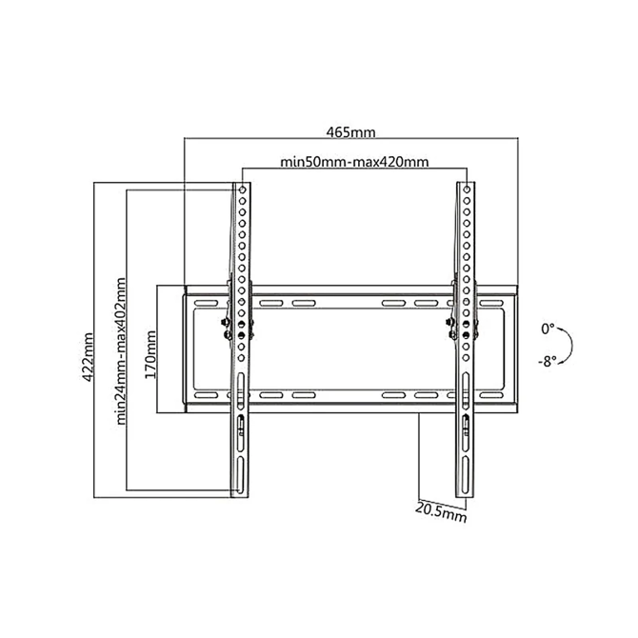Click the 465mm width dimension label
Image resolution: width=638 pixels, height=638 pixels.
click(x=350, y=132)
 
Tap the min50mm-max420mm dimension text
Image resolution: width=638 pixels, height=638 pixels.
click(x=354, y=162)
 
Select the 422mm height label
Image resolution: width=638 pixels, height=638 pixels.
click(x=88, y=357)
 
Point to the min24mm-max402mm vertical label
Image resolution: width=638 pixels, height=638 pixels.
click(x=121, y=351)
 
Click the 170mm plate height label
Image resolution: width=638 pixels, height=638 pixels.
click(x=150, y=354)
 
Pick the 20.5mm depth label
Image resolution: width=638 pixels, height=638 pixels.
click(x=441, y=512)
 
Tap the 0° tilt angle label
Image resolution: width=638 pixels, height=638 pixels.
click(x=548, y=329)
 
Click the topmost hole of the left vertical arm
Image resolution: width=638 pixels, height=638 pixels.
click(x=242, y=189)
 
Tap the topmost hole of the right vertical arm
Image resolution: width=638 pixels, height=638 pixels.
click(x=467, y=189)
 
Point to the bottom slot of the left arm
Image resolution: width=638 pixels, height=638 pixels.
click(x=241, y=474)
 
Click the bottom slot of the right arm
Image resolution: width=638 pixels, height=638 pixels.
click(x=466, y=474)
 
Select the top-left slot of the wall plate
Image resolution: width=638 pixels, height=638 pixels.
click(x=206, y=303)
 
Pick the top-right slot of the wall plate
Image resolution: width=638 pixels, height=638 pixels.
click(x=491, y=303)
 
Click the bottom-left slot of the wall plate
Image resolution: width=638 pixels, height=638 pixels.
click(x=206, y=395)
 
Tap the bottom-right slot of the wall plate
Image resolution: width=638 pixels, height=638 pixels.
click(x=491, y=395)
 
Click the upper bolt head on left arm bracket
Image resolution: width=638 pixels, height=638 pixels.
click(x=224, y=322)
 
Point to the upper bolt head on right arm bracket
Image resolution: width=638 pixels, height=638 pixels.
click(x=449, y=322)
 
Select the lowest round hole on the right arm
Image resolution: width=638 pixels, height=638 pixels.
click(x=467, y=358)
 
